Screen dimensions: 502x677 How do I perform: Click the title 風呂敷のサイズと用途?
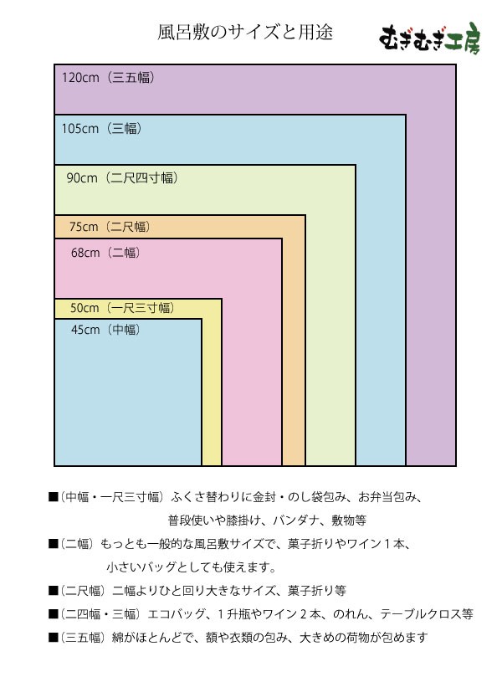(x=245, y=33)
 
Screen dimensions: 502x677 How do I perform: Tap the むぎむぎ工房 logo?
(x=430, y=38)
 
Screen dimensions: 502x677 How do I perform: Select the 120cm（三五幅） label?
(x=108, y=78)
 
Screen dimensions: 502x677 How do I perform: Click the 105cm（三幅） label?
(x=101, y=128)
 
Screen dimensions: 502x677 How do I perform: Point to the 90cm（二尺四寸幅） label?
(x=122, y=178)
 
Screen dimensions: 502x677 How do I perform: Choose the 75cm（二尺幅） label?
(x=110, y=227)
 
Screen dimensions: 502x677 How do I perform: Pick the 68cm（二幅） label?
(x=105, y=253)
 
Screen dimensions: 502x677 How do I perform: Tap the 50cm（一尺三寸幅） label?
(x=123, y=308)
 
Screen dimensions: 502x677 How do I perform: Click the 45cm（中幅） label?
(x=105, y=330)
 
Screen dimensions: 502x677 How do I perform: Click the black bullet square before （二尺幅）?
(x=54, y=591)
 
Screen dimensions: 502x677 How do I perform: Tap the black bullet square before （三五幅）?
(x=54, y=638)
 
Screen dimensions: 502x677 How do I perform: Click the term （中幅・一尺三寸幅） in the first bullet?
(x=112, y=497)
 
